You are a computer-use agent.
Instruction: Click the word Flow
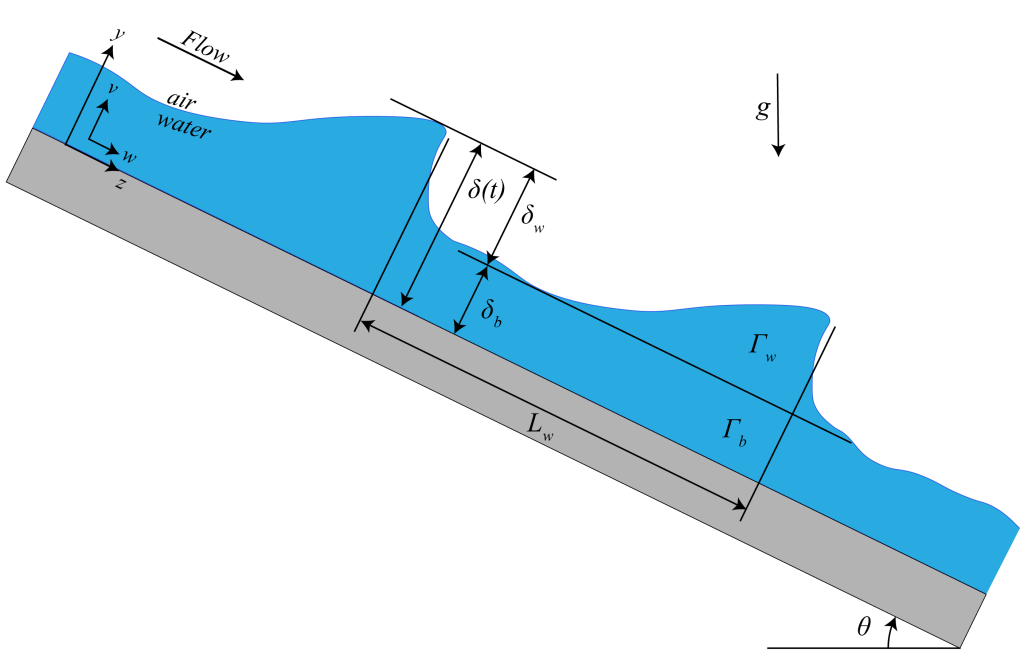pos(205,47)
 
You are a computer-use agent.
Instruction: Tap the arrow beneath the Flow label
pos(200,59)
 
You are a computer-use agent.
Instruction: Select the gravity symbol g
pos(762,108)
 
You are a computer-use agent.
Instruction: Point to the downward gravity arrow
pos(778,115)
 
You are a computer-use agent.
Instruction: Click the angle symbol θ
pos(864,627)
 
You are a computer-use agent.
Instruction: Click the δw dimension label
pos(532,217)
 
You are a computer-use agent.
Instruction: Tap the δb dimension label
pos(491,312)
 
